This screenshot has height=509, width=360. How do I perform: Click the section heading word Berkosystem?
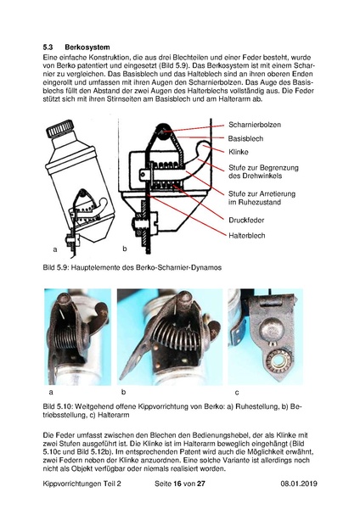[x=87, y=48]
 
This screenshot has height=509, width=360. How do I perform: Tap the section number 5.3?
[x=48, y=48]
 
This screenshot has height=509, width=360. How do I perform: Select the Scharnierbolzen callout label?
[x=255, y=125]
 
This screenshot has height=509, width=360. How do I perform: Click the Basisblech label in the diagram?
[x=245, y=138]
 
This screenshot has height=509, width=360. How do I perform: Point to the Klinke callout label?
[x=239, y=152]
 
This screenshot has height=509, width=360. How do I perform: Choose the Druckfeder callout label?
[x=246, y=220]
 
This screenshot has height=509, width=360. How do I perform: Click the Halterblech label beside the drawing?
[x=247, y=235]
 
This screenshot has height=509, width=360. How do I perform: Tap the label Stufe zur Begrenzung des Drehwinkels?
[x=263, y=171]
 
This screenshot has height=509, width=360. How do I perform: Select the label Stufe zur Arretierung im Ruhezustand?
[x=262, y=198]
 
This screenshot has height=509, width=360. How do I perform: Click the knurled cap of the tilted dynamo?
[x=60, y=129]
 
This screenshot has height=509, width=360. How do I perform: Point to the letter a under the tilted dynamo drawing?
[x=55, y=249]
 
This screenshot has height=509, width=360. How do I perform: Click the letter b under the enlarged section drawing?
[x=125, y=249]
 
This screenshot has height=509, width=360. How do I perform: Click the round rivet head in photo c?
[x=272, y=329]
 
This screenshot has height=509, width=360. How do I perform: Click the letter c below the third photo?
[x=237, y=393]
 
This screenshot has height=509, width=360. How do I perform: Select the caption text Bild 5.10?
[x=57, y=406]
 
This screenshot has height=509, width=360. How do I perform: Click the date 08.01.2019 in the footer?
[x=299, y=484]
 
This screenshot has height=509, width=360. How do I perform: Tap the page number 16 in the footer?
[x=177, y=484]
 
